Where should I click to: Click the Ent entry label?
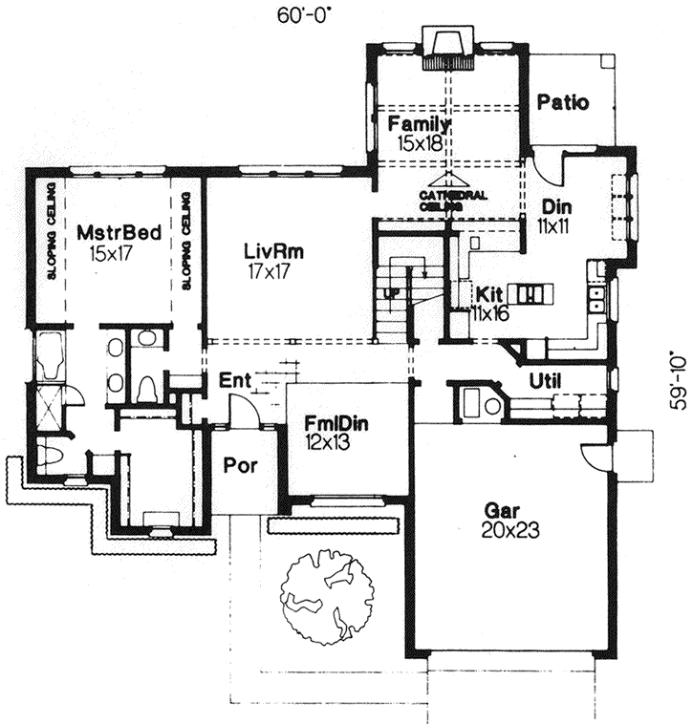pos(233,381)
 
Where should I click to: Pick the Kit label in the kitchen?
pos(489,291)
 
